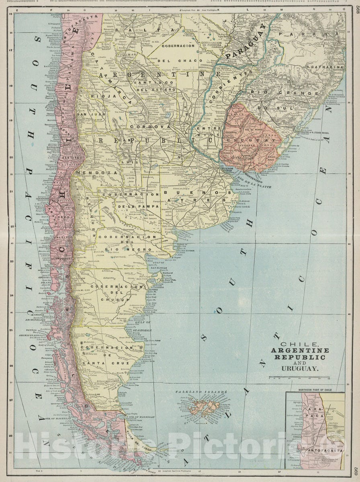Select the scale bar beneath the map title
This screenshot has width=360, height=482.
click(x=299, y=377)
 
